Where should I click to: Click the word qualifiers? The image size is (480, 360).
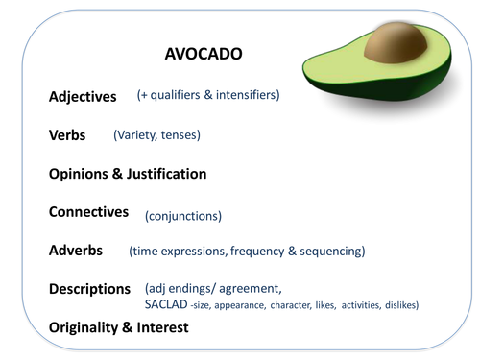point(180,96)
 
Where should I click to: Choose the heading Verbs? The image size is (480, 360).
point(67,135)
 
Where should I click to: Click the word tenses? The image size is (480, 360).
point(179,135)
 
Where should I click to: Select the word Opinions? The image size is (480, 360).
point(81,175)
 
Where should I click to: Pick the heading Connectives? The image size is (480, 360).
point(88,212)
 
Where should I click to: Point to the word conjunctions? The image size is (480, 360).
point(183,216)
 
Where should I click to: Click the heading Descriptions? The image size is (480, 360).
point(89,289)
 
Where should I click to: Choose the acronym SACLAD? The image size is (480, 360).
point(164,305)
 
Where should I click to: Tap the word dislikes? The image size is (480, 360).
point(396,305)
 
